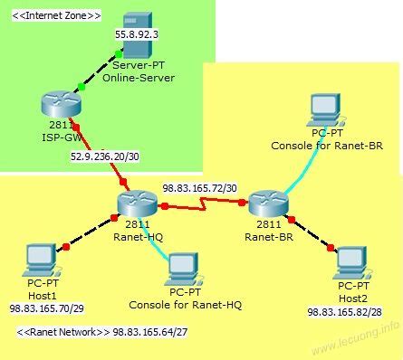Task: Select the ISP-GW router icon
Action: pyautogui.click(x=54, y=105)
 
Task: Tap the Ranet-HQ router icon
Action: pyautogui.click(x=137, y=204)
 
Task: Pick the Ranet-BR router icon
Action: pyautogui.click(x=268, y=204)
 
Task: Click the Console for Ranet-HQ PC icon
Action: pyautogui.click(x=185, y=267)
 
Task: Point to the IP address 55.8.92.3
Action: pyautogui.click(x=136, y=34)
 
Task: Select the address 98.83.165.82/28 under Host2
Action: pyautogui.click(x=345, y=311)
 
